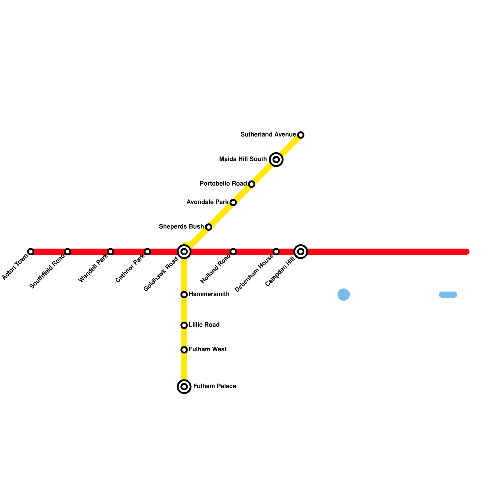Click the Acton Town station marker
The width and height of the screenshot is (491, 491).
(31, 252)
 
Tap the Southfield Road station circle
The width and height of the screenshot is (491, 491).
(68, 252)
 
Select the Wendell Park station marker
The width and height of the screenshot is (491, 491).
(110, 252)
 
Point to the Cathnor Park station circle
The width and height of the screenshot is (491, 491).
(147, 252)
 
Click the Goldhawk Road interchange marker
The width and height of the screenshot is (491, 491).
(184, 252)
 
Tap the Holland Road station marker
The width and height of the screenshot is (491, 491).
(233, 252)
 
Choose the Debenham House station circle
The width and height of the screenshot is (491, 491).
(276, 252)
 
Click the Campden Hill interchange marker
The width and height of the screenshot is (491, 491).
(301, 252)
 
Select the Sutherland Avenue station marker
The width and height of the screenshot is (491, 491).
(301, 135)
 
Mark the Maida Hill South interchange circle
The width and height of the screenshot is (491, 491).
(276, 160)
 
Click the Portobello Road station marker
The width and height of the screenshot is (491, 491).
(252, 184)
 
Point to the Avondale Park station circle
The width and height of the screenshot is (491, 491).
(233, 203)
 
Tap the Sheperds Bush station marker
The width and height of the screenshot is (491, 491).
(209, 227)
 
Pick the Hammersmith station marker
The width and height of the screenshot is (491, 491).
(184, 295)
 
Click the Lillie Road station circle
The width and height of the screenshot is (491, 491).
(184, 325)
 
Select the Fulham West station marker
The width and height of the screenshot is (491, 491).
(184, 350)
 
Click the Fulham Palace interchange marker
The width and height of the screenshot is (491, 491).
(184, 387)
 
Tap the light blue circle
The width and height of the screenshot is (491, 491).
(344, 295)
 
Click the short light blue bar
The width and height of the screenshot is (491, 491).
(448, 295)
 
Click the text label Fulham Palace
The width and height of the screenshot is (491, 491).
(215, 386)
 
